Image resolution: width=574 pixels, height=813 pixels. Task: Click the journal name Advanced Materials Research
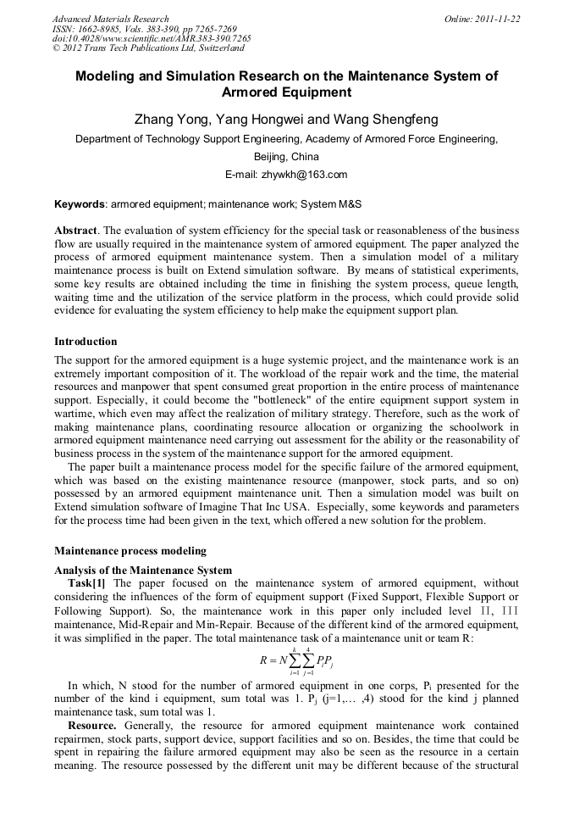110,19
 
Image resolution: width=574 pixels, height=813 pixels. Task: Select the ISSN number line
144,29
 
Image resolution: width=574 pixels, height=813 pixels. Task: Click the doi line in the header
152,39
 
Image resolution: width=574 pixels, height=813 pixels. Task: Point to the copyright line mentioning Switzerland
148,48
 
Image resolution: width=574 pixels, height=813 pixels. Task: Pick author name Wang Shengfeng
386,120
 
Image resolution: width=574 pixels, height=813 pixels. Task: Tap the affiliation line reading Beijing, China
286,157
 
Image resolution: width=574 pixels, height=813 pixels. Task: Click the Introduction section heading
86,342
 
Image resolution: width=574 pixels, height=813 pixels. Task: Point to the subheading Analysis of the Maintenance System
143,570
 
